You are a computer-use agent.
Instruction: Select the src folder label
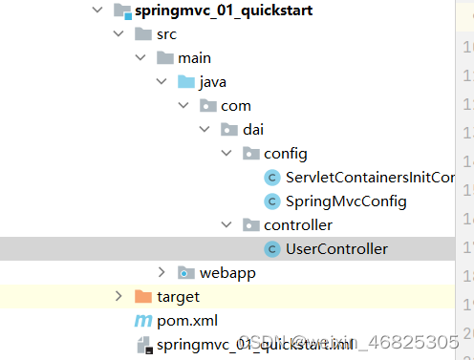pyautogui.click(x=167, y=34)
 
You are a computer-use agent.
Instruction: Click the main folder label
pyautogui.click(x=195, y=58)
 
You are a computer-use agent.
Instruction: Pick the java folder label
pyautogui.click(x=212, y=82)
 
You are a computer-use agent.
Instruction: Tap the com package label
pyautogui.click(x=236, y=106)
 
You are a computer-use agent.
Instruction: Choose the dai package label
pyautogui.click(x=253, y=130)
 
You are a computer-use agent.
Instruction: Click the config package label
pyautogui.click(x=285, y=153)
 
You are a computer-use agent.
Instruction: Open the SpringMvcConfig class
pyautogui.click(x=346, y=201)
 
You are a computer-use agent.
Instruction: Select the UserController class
pyautogui.click(x=336, y=248)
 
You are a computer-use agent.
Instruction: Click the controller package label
pyautogui.click(x=297, y=225)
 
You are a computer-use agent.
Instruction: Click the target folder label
pyautogui.click(x=178, y=297)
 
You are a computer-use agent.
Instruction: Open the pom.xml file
pyautogui.click(x=182, y=320)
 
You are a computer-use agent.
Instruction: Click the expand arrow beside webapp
pyautogui.click(x=162, y=273)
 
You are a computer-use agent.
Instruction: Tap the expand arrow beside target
pyautogui.click(x=118, y=297)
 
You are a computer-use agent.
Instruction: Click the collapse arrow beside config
pyautogui.click(x=226, y=154)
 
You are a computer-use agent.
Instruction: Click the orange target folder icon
pyautogui.click(x=142, y=297)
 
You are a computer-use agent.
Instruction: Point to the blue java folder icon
pyautogui.click(x=185, y=82)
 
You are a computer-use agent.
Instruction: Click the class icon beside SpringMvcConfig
pyautogui.click(x=271, y=201)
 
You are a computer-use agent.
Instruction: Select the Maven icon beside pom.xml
pyautogui.click(x=143, y=320)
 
